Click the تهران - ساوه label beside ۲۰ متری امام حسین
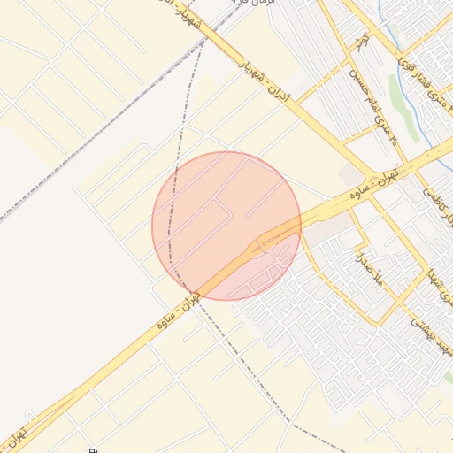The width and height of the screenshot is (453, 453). pyautogui.click(x=403, y=173)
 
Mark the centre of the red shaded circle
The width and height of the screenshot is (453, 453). pyautogui.click(x=226, y=226)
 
